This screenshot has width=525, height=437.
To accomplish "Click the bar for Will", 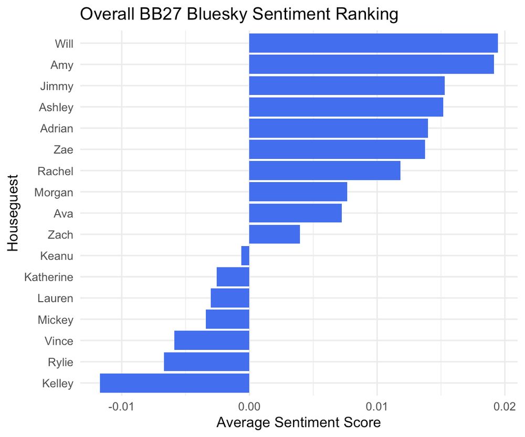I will point(373,43).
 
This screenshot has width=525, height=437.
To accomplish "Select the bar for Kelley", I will point(174,383).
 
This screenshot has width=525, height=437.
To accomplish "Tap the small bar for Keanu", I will point(245,256).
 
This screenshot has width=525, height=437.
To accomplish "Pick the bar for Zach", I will point(274,235).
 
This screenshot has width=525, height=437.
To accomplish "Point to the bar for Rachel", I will point(324,170).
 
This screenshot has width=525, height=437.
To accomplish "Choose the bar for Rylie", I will point(206,362).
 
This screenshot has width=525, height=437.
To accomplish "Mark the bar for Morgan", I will point(298,192).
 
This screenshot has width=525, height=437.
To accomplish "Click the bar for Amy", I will point(371,65).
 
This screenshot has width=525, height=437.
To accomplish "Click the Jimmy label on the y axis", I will point(57,86).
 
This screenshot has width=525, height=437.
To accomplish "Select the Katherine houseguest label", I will point(49,277).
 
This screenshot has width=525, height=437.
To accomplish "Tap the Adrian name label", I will point(57,129).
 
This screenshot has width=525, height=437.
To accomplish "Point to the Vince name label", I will point(59,341).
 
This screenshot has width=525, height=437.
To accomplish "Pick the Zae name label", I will point(63,150).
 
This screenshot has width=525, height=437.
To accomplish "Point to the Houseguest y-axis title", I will point(13,213).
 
